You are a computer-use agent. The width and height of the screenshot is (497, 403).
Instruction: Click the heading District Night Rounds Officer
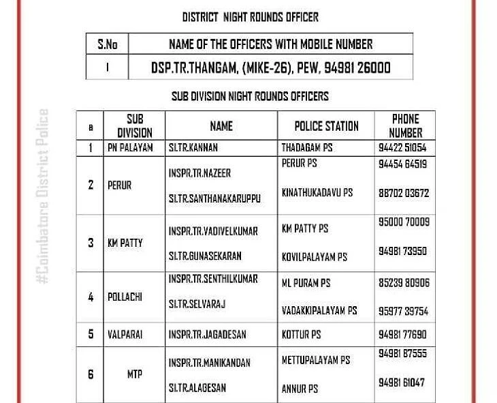pos(250,16)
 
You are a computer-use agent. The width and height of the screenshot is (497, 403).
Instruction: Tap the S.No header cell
pos(107,45)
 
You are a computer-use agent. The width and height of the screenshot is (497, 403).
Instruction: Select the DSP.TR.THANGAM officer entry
pos(270,68)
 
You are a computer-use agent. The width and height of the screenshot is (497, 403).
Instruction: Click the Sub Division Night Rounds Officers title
pos(250,96)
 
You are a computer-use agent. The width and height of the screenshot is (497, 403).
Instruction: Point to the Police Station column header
pos(326,126)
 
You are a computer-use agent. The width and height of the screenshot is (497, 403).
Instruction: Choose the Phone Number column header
pos(405,126)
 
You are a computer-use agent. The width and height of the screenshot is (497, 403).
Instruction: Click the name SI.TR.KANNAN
pos(193,147)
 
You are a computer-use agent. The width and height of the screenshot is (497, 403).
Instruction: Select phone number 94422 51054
pos(402,147)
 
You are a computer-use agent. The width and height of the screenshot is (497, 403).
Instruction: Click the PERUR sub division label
pos(120,185)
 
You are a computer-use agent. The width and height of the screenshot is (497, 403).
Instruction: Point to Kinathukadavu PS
pos(317,193)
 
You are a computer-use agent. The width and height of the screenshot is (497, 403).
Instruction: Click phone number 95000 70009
pos(404,222)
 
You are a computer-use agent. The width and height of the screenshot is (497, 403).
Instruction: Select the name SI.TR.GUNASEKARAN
pos(205,256)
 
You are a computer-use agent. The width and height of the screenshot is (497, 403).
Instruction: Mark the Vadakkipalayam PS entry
pos(319,310)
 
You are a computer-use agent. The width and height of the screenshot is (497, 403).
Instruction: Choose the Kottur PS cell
pos(301,335)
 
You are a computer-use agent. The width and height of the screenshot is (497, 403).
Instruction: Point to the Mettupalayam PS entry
pos(316,359)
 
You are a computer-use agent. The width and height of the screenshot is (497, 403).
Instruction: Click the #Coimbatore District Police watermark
pos(44,197)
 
